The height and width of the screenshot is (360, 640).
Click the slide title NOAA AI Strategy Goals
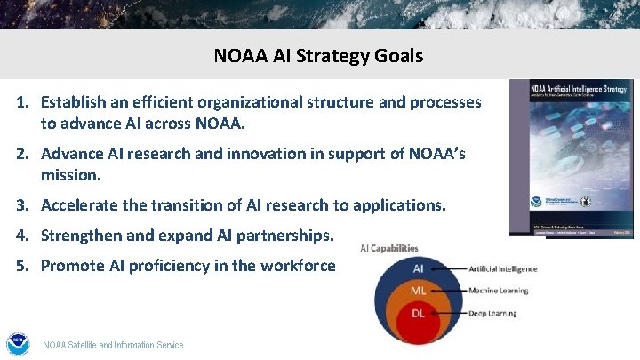318,56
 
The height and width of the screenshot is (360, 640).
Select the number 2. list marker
26,154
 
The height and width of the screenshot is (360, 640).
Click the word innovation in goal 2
283,154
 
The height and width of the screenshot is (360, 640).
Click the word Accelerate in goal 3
81,205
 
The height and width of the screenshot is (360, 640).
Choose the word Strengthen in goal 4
82,236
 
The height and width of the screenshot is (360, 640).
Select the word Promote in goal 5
72,266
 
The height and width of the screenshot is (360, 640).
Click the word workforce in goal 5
300,266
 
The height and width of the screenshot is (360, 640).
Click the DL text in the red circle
418,312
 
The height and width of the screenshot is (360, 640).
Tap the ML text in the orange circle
418,291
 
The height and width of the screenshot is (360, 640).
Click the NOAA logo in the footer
18,344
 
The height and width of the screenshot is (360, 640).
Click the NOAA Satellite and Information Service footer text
113,345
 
